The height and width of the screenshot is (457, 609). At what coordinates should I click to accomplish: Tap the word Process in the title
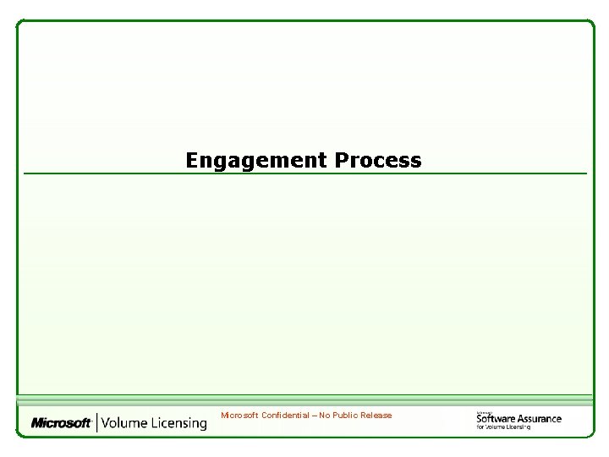(378, 160)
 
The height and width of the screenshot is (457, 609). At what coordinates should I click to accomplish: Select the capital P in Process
(342, 160)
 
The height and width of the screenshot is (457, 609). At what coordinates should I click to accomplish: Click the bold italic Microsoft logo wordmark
(61, 422)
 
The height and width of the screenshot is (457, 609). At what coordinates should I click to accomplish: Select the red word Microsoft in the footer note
(240, 416)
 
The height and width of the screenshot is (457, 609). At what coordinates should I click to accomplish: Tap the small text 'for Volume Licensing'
(503, 427)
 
